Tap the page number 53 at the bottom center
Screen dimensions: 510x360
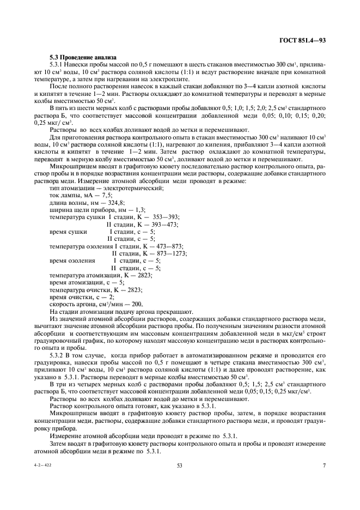(179, 465)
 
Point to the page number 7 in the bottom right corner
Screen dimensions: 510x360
(324, 465)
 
